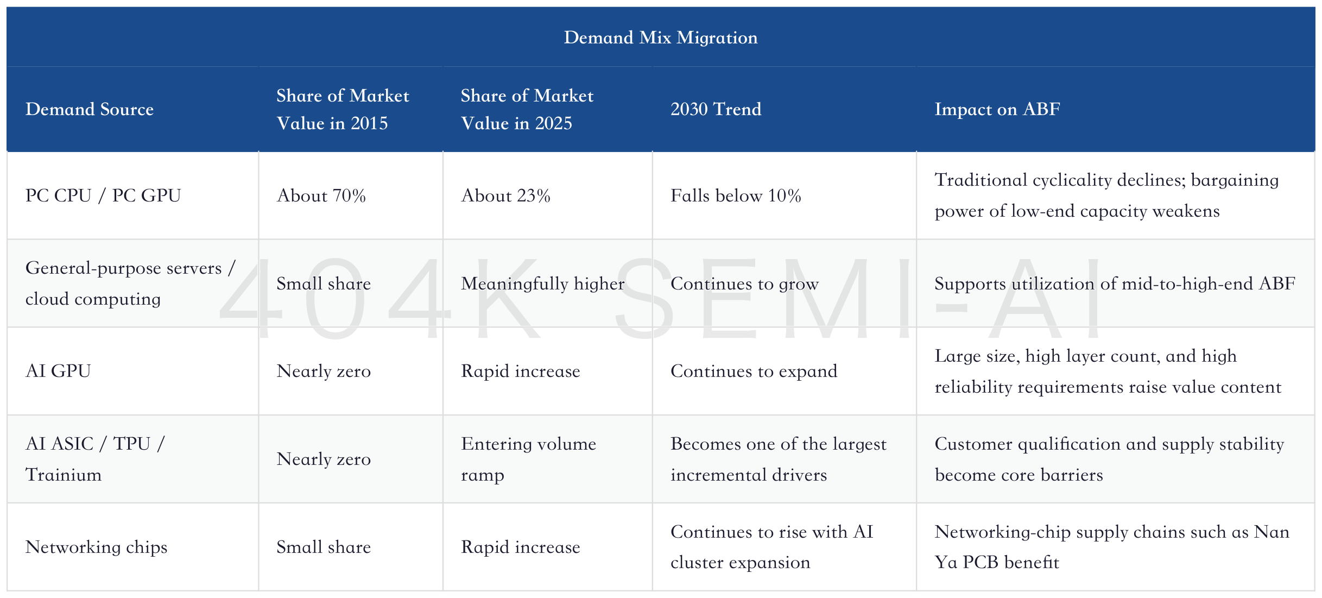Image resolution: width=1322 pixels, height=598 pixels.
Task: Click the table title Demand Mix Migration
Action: click(x=661, y=37)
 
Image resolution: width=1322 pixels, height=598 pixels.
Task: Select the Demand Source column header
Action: click(x=90, y=109)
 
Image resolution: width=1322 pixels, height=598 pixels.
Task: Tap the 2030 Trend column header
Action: click(x=716, y=109)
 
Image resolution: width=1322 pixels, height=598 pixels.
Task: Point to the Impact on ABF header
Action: click(x=997, y=109)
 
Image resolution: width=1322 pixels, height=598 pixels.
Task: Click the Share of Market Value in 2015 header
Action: click(x=343, y=109)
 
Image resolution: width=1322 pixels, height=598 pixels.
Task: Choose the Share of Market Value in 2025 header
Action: click(x=527, y=109)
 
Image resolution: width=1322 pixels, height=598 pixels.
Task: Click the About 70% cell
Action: click(x=321, y=196)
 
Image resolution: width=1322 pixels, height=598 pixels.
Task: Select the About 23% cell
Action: click(x=505, y=196)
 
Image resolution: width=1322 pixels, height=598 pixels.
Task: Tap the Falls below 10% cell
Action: click(x=736, y=196)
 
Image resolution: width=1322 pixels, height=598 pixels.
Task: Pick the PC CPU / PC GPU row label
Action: click(x=103, y=196)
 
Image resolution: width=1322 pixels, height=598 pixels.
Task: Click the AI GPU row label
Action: click(x=58, y=371)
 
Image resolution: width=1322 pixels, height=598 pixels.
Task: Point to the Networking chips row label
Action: click(x=96, y=547)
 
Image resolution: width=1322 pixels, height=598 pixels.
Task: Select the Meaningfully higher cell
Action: click(x=543, y=284)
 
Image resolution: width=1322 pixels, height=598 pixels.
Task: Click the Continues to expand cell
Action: click(x=754, y=371)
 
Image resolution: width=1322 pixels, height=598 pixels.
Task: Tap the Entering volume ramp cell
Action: click(x=528, y=459)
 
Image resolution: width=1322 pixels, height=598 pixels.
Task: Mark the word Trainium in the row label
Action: click(x=63, y=475)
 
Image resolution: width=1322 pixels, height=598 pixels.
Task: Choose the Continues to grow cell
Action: click(x=744, y=284)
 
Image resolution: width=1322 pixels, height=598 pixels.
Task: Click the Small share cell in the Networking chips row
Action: click(x=324, y=547)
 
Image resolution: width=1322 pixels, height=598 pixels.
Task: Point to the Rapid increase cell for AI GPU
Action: click(x=521, y=371)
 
